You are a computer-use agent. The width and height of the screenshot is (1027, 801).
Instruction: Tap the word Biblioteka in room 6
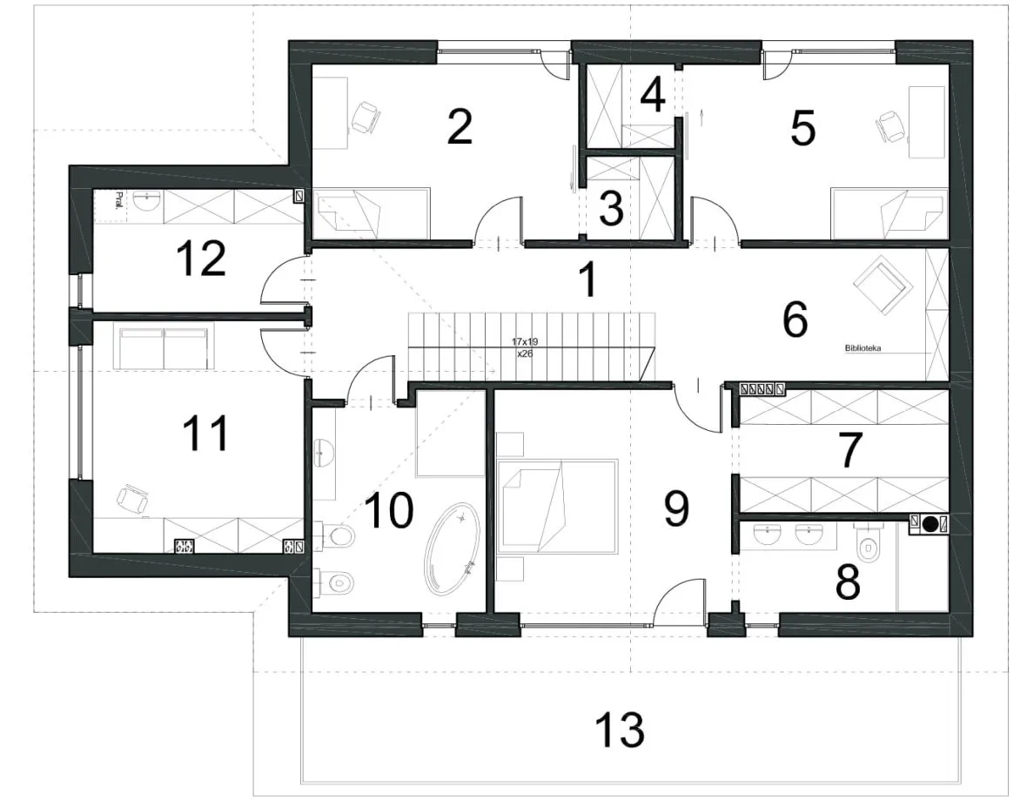coord(863,348)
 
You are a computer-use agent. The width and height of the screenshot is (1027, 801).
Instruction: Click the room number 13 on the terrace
coord(620,730)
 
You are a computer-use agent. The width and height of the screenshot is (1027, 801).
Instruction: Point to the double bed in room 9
coord(557,506)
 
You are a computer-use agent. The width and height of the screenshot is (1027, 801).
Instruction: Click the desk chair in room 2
coord(365,118)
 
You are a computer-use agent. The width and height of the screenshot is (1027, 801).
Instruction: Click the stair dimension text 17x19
coord(525,342)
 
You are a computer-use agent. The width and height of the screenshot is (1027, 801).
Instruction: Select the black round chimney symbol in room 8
coord(930,524)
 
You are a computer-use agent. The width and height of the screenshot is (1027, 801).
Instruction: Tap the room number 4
coord(653,94)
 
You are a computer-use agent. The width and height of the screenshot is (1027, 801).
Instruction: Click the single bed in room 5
coord(889,213)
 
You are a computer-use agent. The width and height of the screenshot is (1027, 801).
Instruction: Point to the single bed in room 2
coord(372,213)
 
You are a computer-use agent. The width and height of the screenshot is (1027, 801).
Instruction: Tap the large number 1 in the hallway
coord(588,279)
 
